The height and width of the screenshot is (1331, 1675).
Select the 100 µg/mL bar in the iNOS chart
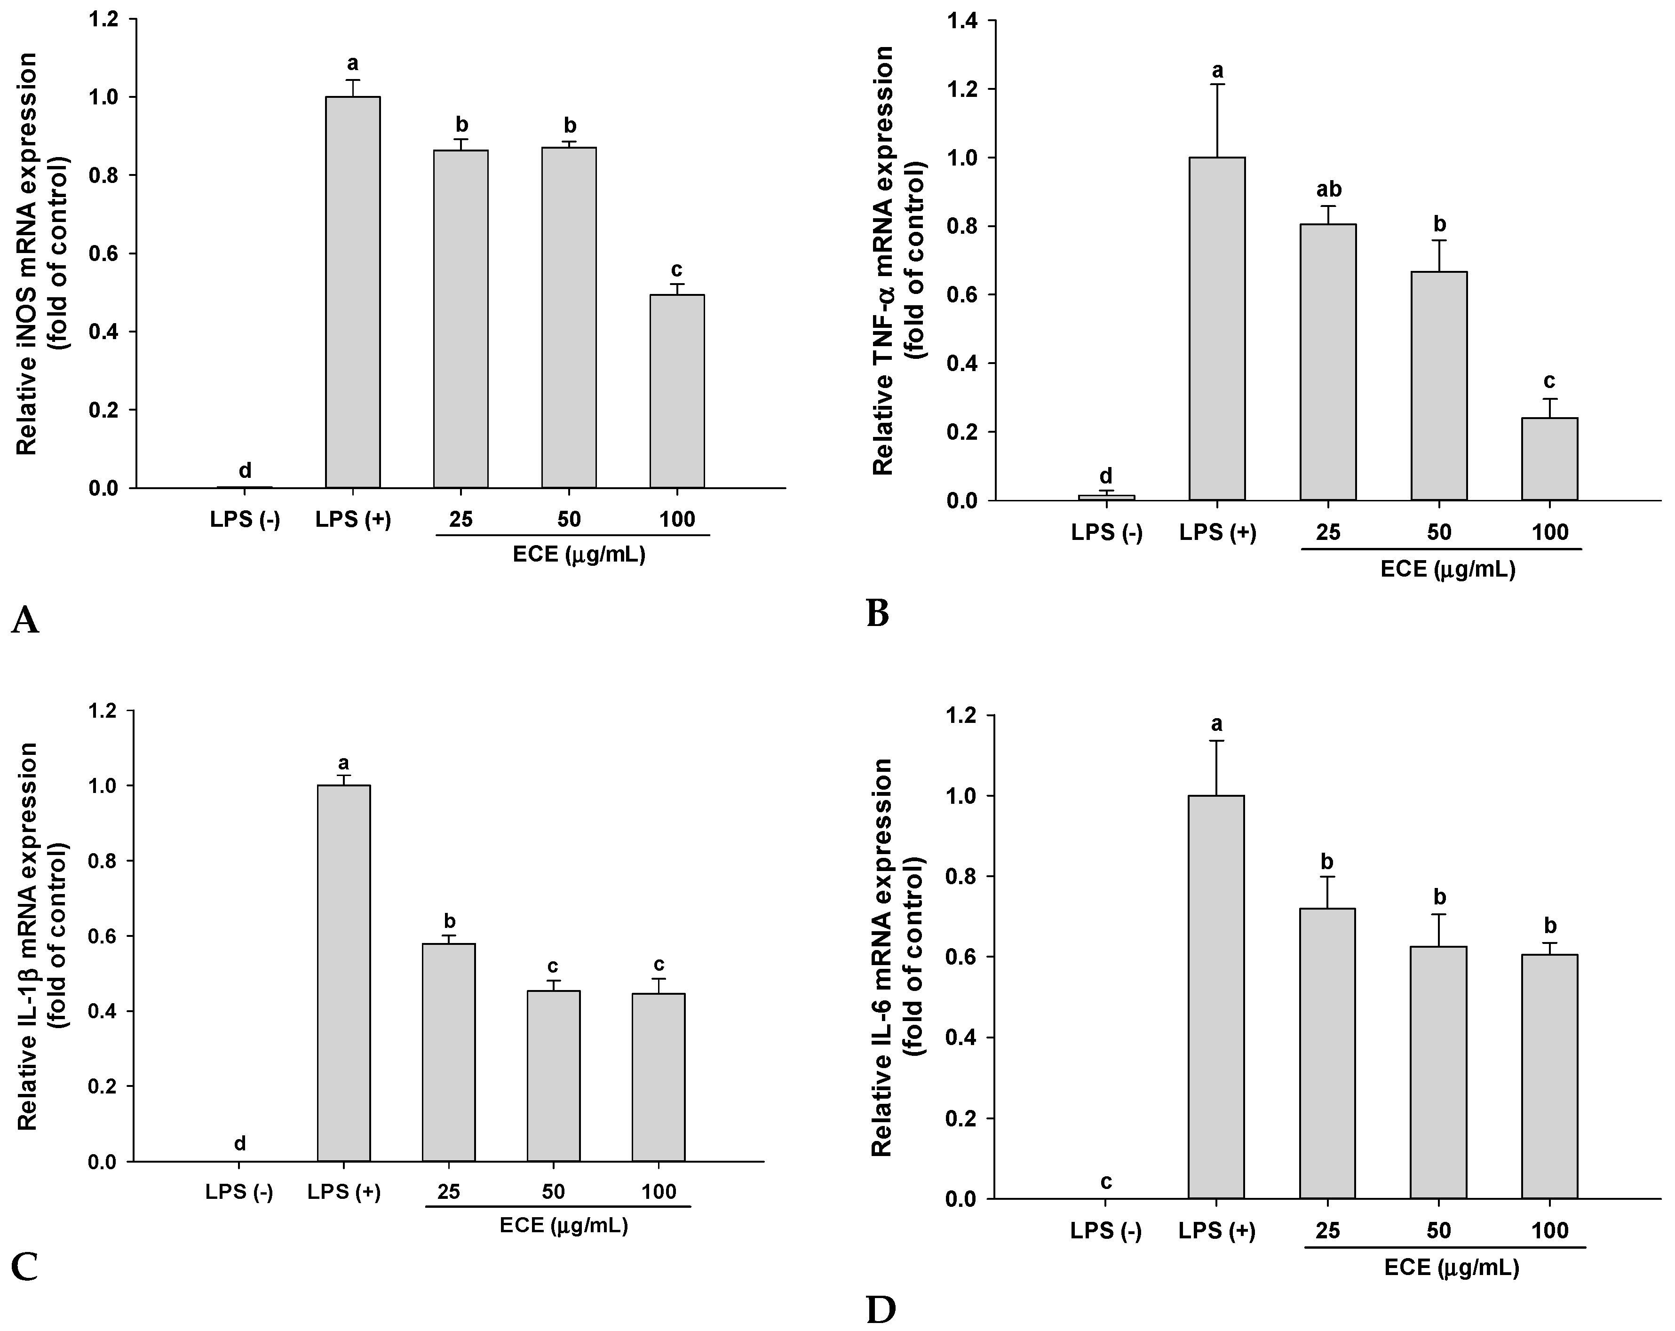pos(677,391)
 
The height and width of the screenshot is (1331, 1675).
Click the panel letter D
pos(880,1310)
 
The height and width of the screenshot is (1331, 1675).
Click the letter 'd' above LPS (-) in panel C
pos(240,1143)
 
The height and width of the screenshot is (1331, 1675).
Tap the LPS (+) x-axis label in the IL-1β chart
pos(344,1191)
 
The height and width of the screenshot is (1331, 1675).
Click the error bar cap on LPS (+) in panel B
pos(1217,84)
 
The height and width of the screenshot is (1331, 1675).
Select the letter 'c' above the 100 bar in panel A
pos(677,269)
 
